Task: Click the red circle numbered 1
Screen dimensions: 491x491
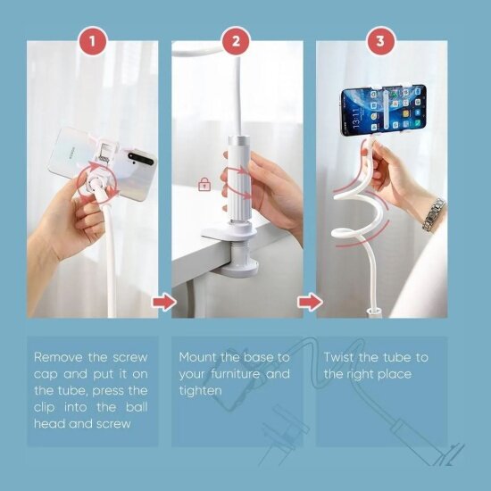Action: click(x=92, y=41)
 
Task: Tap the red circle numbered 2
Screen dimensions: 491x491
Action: click(x=237, y=41)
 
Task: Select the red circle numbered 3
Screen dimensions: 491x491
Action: click(x=380, y=41)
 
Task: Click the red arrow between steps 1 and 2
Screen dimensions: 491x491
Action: click(x=163, y=302)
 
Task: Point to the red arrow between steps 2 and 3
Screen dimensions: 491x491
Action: click(x=310, y=302)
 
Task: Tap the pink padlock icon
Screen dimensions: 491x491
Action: click(x=204, y=184)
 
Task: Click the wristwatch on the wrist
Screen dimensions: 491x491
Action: click(x=434, y=214)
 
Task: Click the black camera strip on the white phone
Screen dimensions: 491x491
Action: click(x=141, y=158)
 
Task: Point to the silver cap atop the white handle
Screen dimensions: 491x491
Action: click(x=239, y=140)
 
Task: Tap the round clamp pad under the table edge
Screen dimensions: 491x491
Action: click(x=239, y=268)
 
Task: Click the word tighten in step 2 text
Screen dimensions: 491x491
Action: click(x=200, y=391)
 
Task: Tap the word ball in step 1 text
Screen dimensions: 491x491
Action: click(x=137, y=407)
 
